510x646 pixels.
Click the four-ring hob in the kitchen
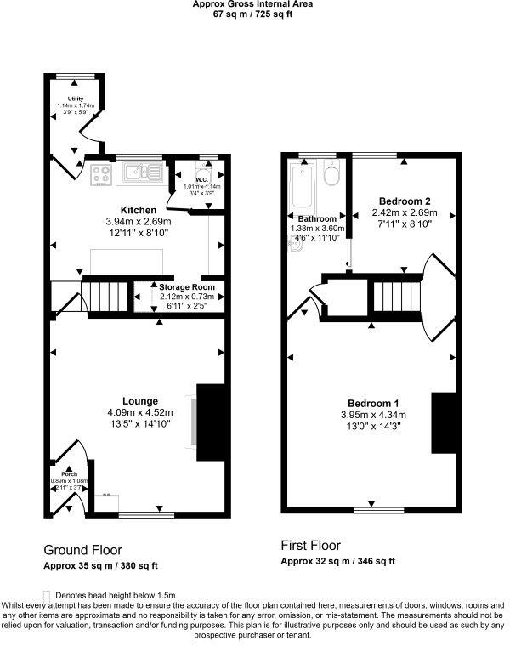(102, 174)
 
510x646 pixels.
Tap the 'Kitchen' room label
(138, 210)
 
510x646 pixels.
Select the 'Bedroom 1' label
(373, 403)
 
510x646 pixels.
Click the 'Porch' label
(70, 473)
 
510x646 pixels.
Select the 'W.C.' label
(202, 179)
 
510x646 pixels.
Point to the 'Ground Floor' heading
(82, 550)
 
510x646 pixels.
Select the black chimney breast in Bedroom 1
(444, 422)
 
